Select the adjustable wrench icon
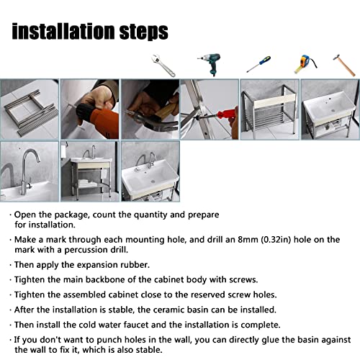coord(163,65)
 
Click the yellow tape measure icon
coord(303,64)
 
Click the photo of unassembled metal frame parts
coord(29,109)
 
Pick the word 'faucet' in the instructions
coord(138,325)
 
